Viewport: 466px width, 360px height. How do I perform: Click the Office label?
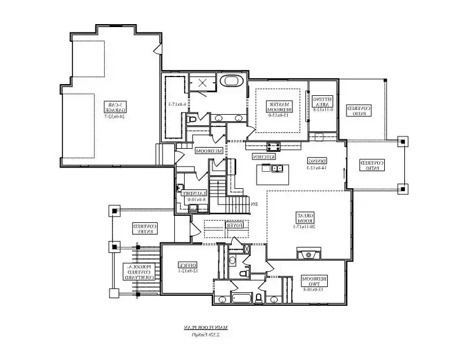(x=188, y=268)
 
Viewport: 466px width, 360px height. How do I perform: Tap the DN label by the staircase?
(x=254, y=204)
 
